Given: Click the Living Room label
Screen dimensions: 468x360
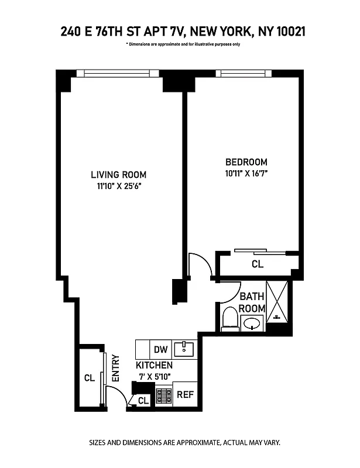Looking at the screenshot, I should tap(118, 174).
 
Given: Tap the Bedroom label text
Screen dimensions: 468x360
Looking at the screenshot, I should tap(246, 162).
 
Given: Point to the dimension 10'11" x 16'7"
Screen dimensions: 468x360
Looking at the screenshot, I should tap(246, 173).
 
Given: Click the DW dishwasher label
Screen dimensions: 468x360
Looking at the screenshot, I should tap(161, 350).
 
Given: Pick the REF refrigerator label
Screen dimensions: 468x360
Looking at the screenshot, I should tap(185, 394).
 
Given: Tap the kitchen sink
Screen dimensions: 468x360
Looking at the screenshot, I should tap(186, 349).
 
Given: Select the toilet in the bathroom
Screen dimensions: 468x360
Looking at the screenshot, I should tap(230, 318).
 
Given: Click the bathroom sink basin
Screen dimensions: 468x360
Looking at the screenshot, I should tap(253, 323).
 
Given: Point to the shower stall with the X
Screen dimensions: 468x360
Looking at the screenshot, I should tap(278, 302).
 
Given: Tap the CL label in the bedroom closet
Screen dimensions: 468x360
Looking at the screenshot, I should tap(258, 264).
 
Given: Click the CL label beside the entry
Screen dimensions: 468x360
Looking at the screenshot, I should tap(89, 378).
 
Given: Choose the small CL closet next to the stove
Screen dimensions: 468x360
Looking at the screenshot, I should tap(143, 401).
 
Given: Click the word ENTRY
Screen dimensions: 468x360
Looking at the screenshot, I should tap(116, 369).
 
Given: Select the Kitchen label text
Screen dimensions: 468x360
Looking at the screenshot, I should tap(154, 365).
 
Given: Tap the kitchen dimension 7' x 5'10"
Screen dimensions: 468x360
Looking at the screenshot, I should tap(153, 376).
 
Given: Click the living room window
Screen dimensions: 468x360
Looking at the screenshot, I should tap(122, 74).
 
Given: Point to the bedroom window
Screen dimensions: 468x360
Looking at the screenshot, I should tap(243, 74).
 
